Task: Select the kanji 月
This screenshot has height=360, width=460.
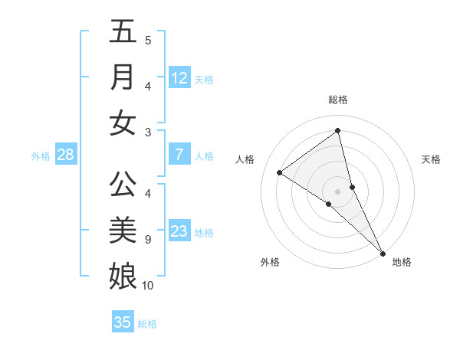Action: tap(123, 77)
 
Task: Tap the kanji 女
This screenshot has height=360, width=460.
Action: tap(123, 123)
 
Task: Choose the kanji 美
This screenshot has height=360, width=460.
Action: tap(123, 229)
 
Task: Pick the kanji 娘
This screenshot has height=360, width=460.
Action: tap(123, 274)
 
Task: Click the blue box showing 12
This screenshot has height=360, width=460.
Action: tap(179, 78)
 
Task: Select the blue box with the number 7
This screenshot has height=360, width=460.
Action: tap(179, 155)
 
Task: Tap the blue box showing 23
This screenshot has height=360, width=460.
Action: tap(179, 231)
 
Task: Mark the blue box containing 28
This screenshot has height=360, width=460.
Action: tap(66, 155)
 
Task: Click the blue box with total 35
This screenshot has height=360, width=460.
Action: tap(123, 322)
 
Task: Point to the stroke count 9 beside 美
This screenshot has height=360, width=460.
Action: tap(147, 240)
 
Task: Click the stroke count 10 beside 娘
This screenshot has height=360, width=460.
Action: tap(148, 286)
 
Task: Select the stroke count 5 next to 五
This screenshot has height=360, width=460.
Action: tap(147, 41)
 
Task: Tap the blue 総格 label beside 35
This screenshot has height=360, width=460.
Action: tap(147, 324)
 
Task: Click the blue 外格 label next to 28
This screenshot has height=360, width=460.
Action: tap(41, 156)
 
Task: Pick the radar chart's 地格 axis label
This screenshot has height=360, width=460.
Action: tap(402, 262)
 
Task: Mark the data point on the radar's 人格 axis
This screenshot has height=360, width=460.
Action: tap(280, 172)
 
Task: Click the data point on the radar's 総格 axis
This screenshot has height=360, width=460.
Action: tap(337, 130)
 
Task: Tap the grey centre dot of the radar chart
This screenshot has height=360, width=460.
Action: tap(337, 191)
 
